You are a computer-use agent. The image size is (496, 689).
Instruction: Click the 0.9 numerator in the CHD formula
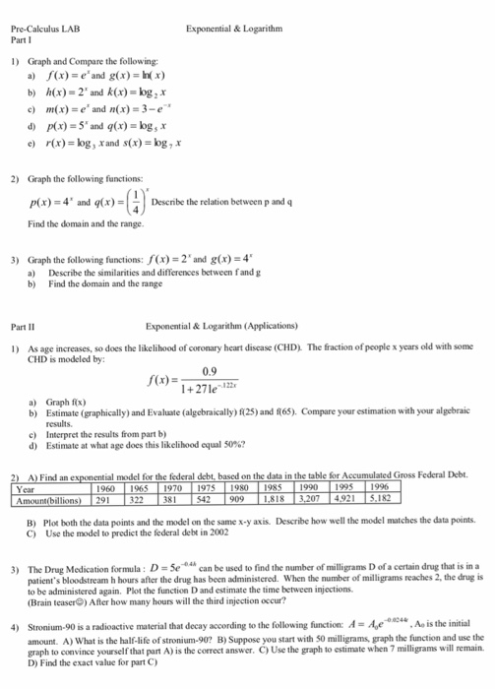click(229, 370)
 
